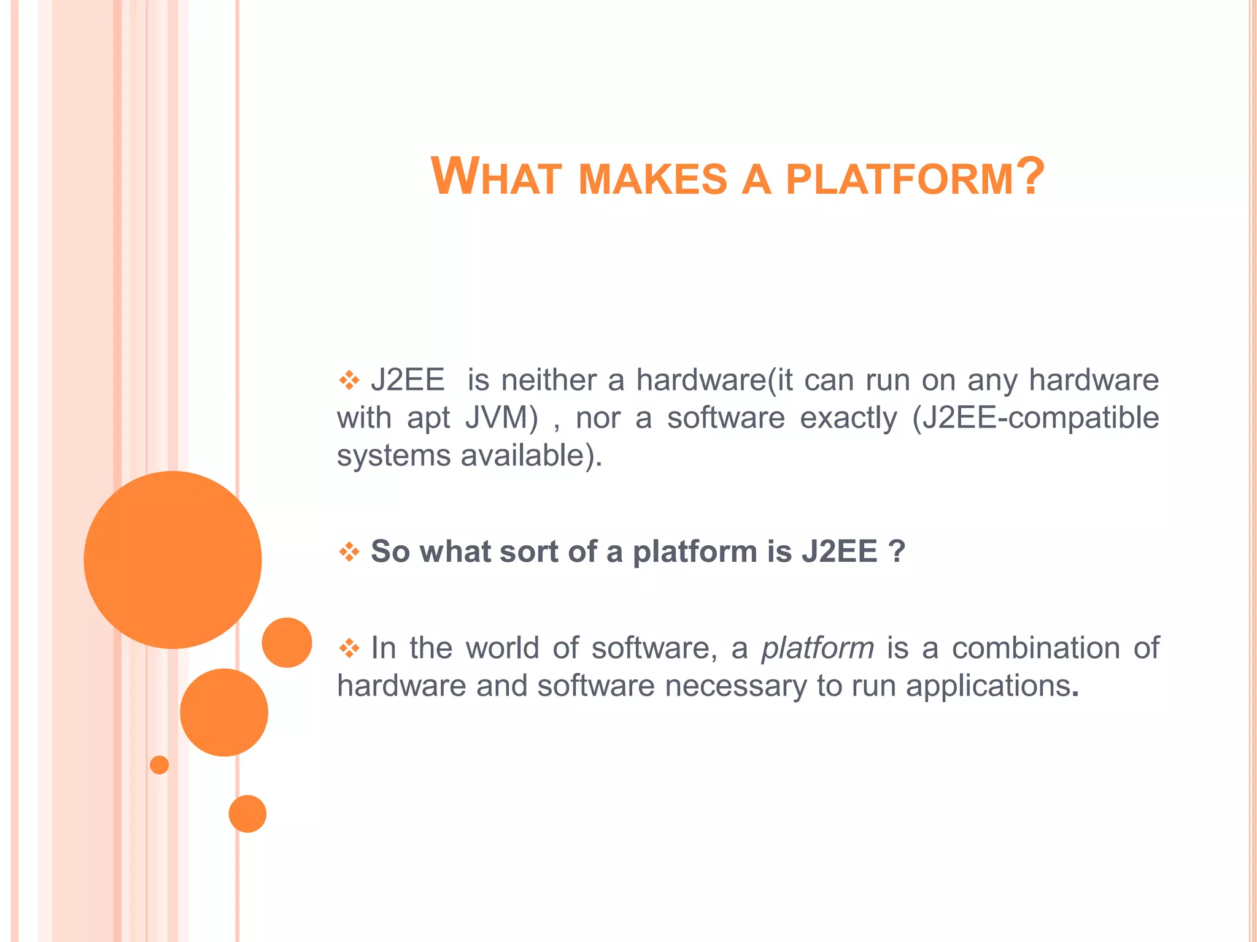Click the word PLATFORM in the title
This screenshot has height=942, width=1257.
tap(899, 180)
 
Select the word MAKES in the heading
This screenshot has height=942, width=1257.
tap(652, 180)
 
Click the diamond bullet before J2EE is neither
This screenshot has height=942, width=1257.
tap(349, 381)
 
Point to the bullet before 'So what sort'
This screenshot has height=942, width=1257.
tap(349, 552)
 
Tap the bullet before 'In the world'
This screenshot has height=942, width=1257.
tap(349, 648)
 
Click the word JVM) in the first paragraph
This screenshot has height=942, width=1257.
tap(501, 418)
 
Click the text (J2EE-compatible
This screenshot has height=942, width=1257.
tap(1035, 418)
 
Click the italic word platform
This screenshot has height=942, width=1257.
tap(817, 648)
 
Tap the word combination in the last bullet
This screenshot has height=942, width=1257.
tap(1035, 648)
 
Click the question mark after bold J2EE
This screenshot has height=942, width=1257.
tap(896, 551)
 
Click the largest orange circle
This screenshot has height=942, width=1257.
tap(172, 559)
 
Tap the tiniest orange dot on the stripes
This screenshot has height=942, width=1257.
tap(159, 765)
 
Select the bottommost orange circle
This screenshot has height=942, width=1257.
tap(247, 814)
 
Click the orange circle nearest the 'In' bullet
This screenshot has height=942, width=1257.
tap(287, 642)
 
